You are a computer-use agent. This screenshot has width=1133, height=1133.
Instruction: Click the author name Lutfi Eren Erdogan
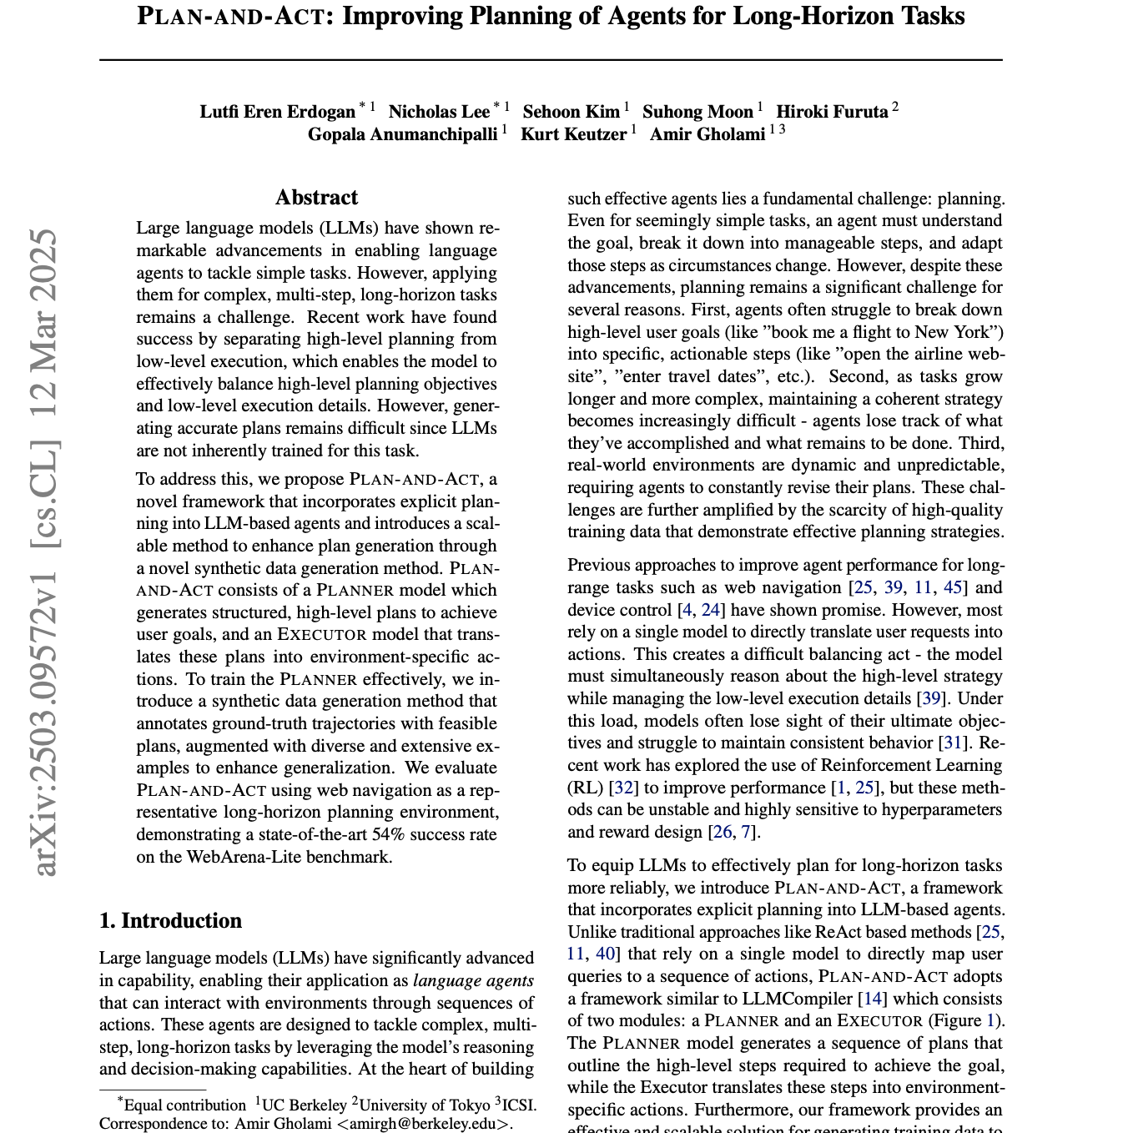(277, 112)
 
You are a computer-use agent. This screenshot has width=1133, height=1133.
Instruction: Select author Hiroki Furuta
(832, 112)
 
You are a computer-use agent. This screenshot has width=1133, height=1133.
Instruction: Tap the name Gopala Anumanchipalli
(402, 134)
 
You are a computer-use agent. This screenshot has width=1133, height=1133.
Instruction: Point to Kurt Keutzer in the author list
(573, 134)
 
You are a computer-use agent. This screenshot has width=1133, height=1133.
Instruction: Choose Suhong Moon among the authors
(697, 112)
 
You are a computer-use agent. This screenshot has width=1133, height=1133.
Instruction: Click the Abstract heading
(316, 198)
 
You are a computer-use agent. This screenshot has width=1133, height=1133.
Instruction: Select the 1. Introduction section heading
(170, 920)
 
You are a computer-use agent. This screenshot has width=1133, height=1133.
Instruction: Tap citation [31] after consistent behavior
(953, 743)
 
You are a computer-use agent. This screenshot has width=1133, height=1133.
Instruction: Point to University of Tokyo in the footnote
(424, 1105)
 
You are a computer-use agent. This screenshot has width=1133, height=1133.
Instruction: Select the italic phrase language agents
(473, 980)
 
